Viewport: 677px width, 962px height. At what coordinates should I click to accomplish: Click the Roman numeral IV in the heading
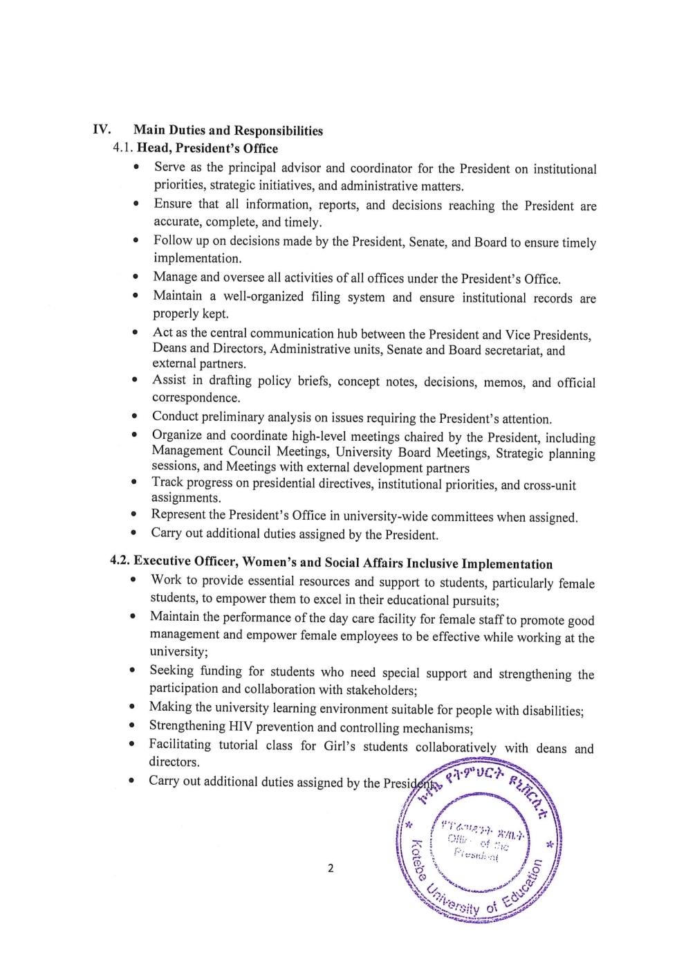[101, 129]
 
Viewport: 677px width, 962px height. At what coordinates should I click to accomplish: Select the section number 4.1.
[124, 148]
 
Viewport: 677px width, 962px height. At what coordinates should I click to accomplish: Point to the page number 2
[331, 868]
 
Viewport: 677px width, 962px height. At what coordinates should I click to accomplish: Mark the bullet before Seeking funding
[132, 671]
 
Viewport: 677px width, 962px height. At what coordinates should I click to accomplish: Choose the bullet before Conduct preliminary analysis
[136, 417]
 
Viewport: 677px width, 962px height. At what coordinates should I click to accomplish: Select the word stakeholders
[376, 690]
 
